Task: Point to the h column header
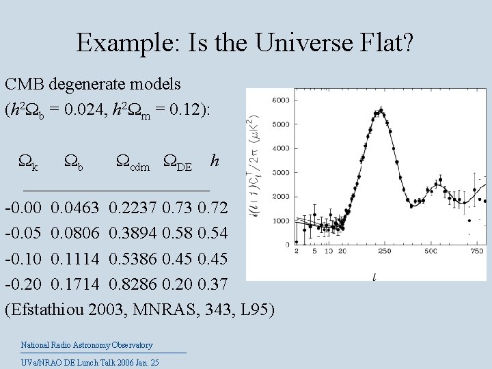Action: tap(215, 161)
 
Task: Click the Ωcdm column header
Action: tap(135, 162)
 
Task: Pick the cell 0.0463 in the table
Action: tap(75, 207)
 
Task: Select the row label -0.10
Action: tap(23, 258)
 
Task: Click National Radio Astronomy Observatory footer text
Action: tap(87, 345)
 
